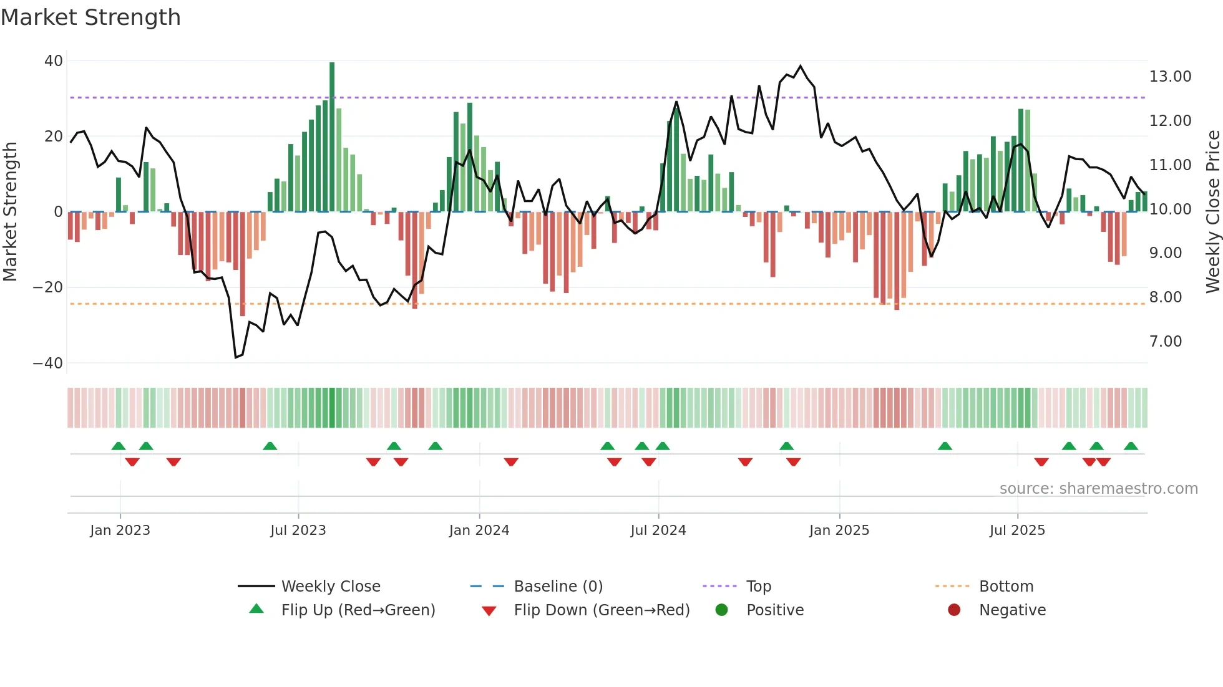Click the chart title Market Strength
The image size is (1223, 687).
tap(90, 17)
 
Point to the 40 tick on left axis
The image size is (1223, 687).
tap(54, 61)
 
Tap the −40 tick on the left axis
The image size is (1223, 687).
tap(48, 363)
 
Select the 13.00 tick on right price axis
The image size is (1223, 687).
tap(1170, 77)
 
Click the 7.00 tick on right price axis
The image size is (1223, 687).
tap(1166, 342)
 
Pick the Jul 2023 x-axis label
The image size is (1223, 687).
tap(298, 531)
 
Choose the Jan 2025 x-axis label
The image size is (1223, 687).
tap(839, 531)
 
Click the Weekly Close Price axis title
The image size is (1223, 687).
tap(1212, 211)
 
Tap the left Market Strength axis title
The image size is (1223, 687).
tap(11, 211)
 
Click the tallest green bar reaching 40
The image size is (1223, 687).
tap(332, 137)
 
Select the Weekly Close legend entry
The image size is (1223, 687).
tap(330, 587)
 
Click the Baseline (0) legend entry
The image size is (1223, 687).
tap(558, 587)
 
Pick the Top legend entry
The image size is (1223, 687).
tap(759, 587)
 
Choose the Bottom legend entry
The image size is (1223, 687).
tap(1006, 587)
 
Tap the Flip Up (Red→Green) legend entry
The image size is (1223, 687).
tap(358, 610)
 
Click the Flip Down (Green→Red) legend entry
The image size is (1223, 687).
tap(602, 610)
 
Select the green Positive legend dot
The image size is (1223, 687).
tap(722, 610)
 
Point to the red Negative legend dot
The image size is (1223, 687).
tap(954, 610)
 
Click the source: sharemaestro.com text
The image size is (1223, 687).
tap(1098, 489)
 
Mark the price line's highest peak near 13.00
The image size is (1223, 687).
tap(801, 66)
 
